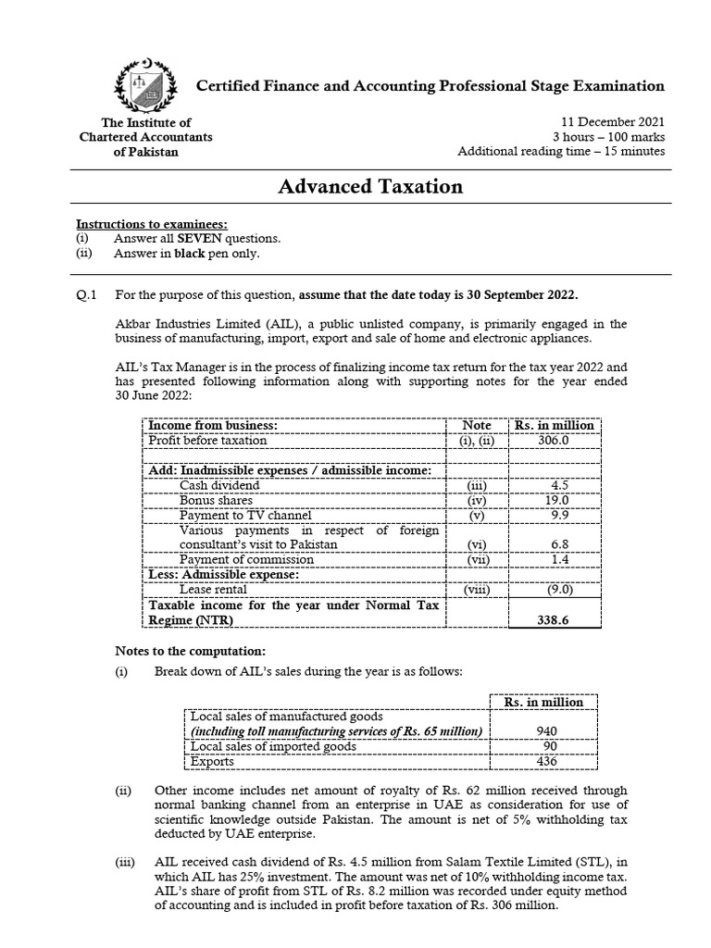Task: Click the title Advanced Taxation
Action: pyautogui.click(x=370, y=187)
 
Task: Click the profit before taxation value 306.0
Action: pyautogui.click(x=554, y=441)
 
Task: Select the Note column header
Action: pyautogui.click(x=477, y=425)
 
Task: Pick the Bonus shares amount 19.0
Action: pyautogui.click(x=559, y=500)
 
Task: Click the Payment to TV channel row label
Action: pyautogui.click(x=245, y=515)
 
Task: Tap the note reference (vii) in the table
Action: pyautogui.click(x=477, y=559)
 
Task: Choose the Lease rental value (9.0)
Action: pyautogui.click(x=555, y=588)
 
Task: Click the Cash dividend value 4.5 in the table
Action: pyautogui.click(x=559, y=485)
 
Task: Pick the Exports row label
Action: pyautogui.click(x=212, y=762)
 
